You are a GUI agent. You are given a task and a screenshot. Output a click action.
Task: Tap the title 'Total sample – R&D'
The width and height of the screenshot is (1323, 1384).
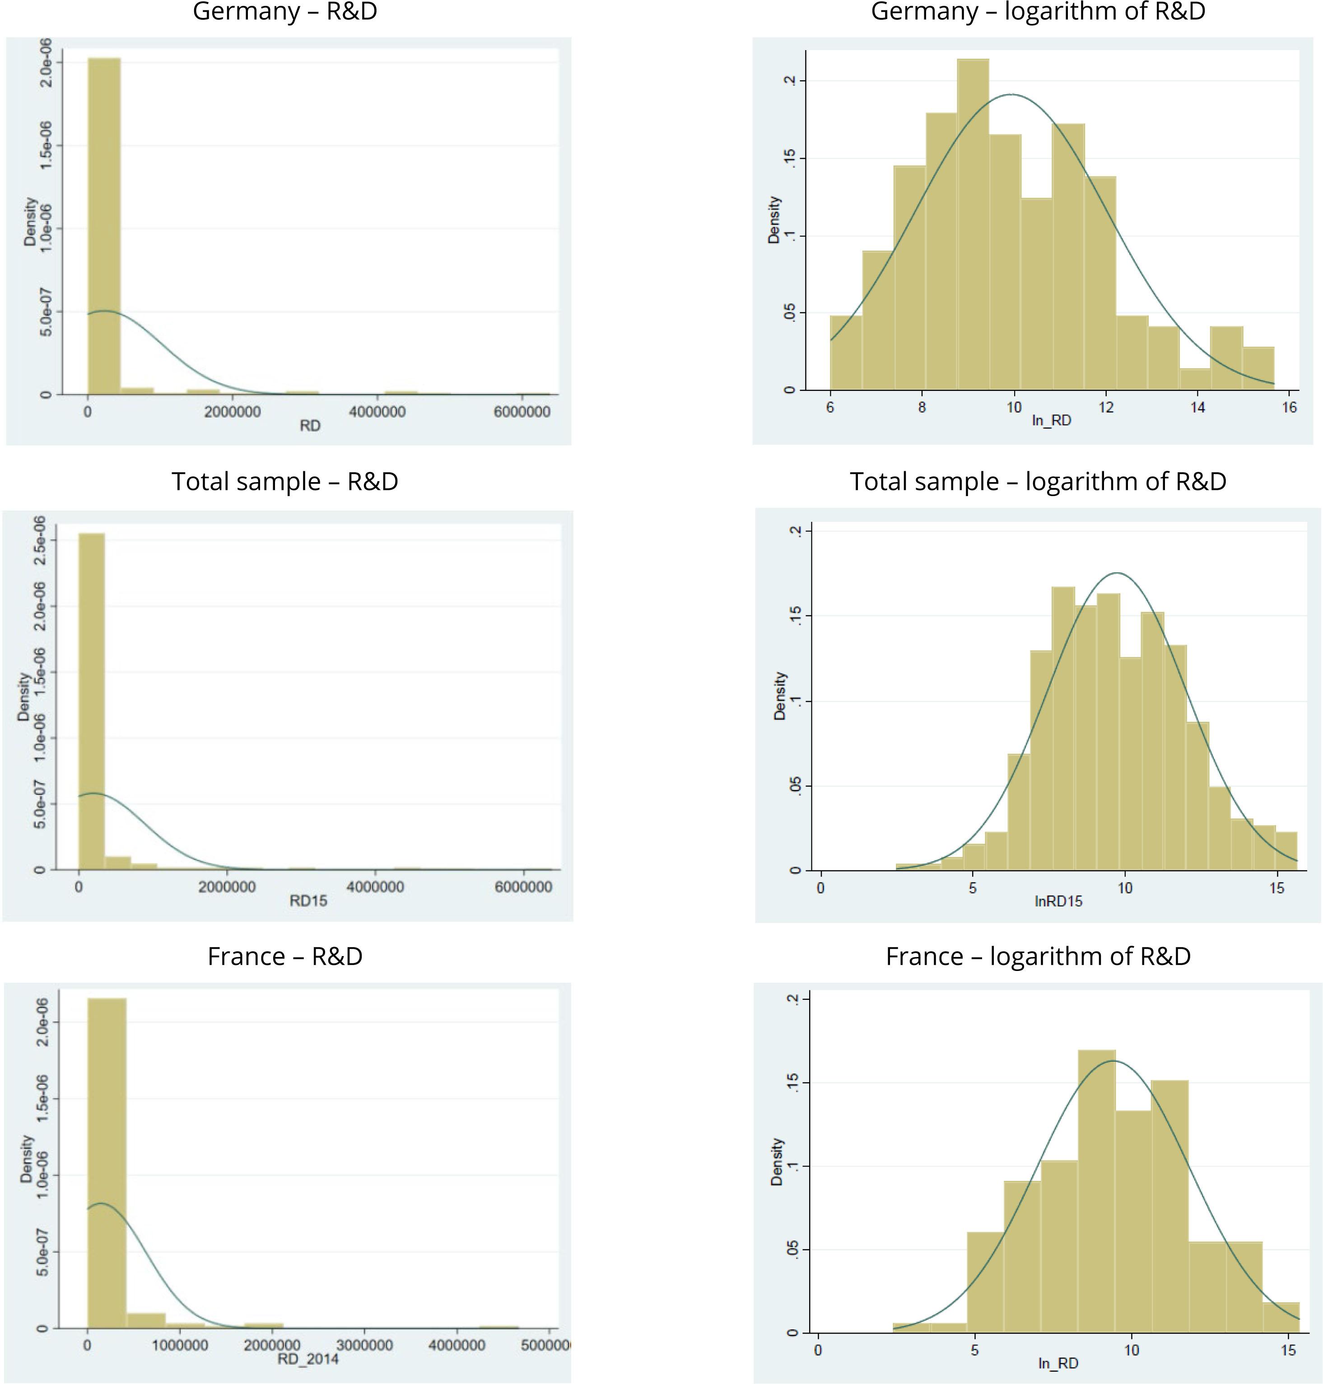[285, 482]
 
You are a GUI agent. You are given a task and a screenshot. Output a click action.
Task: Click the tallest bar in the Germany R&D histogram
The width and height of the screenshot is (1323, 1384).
[104, 226]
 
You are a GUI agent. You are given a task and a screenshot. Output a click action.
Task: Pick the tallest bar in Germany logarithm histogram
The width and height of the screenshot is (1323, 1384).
[973, 226]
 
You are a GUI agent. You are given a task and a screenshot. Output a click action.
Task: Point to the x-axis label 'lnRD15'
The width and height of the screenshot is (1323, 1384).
[1058, 901]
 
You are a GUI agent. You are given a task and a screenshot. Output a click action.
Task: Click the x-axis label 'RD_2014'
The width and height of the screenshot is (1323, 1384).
[308, 1359]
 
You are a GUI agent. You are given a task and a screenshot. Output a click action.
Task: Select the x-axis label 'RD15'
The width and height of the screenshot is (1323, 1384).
[308, 901]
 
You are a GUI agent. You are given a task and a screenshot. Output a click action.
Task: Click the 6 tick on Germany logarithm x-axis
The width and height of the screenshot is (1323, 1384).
[830, 408]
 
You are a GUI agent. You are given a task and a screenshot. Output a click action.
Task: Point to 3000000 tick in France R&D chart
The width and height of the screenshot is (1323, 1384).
[364, 1345]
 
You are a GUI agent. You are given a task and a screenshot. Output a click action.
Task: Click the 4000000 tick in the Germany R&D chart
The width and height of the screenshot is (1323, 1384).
[377, 412]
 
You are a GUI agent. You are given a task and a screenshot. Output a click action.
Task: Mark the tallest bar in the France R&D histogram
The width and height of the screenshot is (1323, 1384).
[107, 1163]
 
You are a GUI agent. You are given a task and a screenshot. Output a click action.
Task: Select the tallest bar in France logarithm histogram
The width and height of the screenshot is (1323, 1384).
[1097, 1192]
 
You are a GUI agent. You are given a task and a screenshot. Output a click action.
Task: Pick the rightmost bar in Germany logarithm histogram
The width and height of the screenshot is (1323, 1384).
[1258, 368]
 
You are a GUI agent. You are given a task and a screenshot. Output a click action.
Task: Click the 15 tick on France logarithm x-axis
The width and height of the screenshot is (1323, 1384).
[1288, 1350]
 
